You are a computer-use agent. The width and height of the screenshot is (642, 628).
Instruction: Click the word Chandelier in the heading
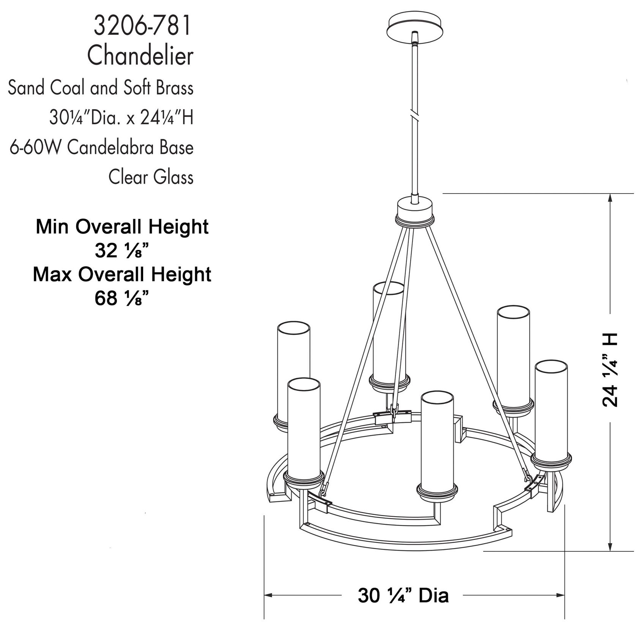140,56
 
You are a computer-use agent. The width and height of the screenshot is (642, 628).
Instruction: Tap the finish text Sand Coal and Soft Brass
101,88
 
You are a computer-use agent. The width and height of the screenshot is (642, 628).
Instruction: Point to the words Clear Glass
151,177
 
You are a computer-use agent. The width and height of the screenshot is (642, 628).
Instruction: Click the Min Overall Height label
122,226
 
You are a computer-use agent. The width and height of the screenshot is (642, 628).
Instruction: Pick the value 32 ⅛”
121,250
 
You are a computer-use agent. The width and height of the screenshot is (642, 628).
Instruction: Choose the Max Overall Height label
122,274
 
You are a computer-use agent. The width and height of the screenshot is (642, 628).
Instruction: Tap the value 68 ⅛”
121,298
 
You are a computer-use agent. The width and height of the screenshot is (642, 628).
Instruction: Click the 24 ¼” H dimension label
610,370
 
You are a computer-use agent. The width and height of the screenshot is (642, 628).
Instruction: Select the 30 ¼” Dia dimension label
403,596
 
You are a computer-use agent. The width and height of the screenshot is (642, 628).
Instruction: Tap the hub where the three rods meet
415,212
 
